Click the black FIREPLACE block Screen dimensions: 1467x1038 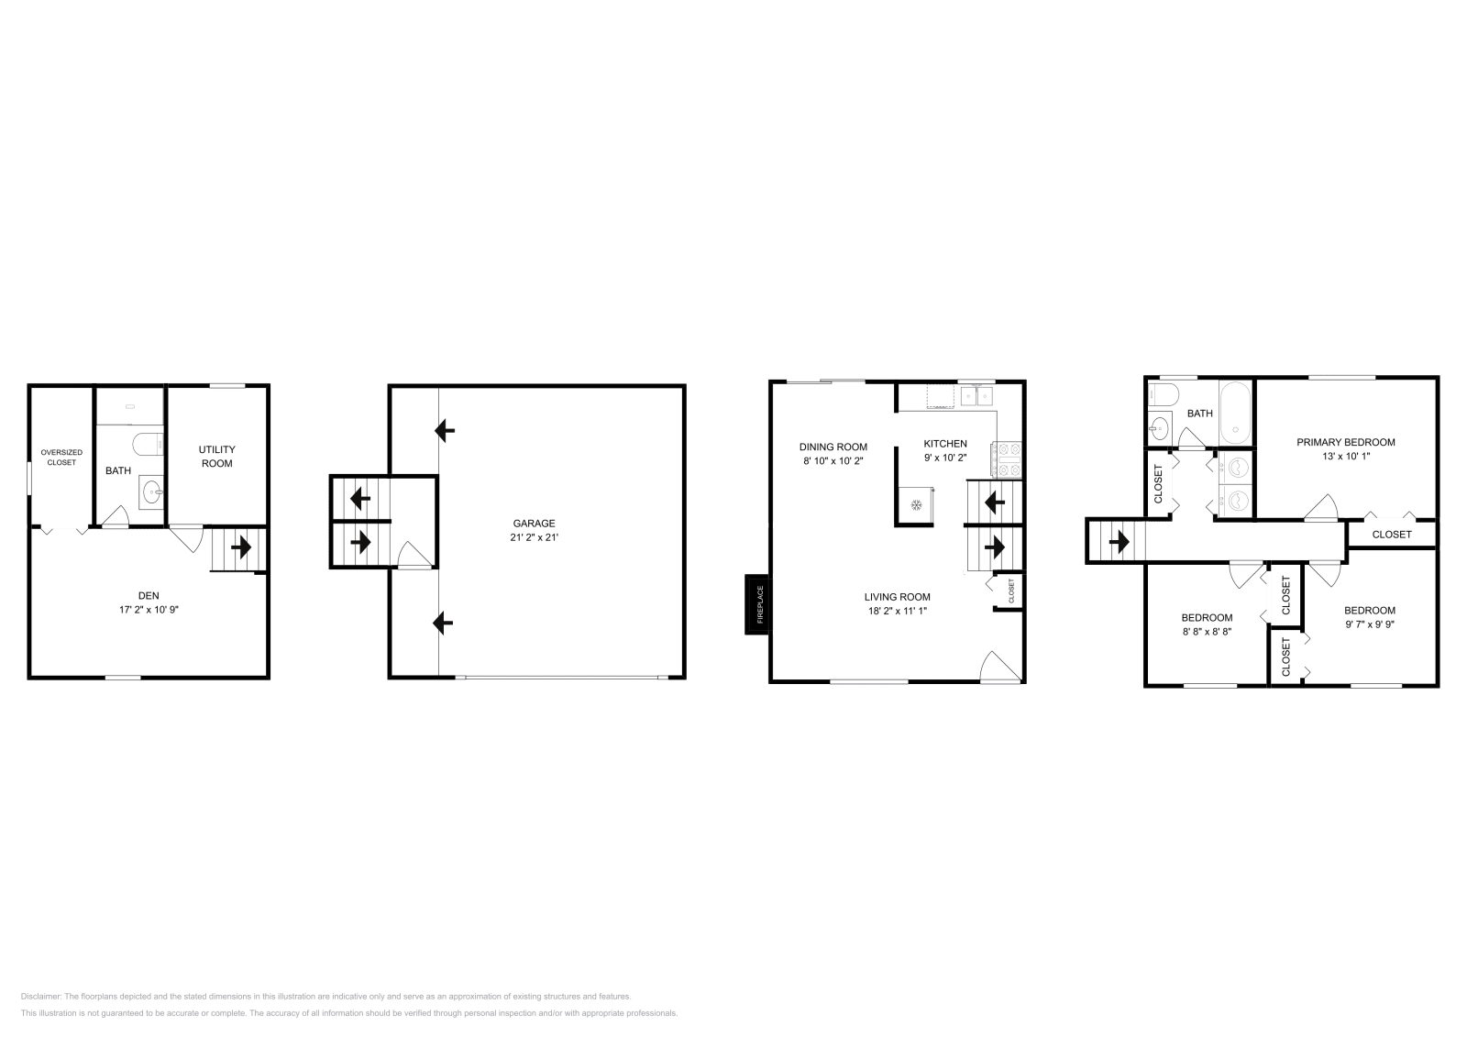[757, 604]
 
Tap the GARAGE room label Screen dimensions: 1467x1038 [534, 524]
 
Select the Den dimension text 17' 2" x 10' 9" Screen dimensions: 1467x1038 [149, 610]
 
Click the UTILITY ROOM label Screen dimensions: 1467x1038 [216, 457]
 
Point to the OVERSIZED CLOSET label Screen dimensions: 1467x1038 [61, 458]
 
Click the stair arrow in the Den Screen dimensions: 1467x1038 [241, 547]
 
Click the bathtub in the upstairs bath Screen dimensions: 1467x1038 [1235, 414]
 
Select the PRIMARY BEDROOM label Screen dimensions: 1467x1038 [1346, 442]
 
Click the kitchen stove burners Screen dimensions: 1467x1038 [1008, 459]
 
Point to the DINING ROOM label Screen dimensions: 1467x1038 [833, 447]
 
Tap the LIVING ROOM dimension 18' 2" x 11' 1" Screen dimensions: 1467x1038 [898, 611]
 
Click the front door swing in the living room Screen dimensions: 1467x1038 [1000, 667]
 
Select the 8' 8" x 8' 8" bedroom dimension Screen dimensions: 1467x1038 [1207, 632]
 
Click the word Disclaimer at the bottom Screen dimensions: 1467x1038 [40, 997]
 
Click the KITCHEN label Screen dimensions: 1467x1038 [945, 444]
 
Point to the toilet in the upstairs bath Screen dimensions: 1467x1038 [1164, 395]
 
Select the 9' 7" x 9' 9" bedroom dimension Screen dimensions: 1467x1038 [1370, 624]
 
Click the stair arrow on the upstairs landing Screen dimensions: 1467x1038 [1120, 542]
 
